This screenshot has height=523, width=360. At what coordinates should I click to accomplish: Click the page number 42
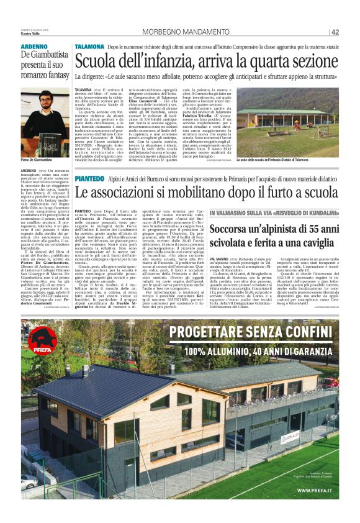coord(335,32)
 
